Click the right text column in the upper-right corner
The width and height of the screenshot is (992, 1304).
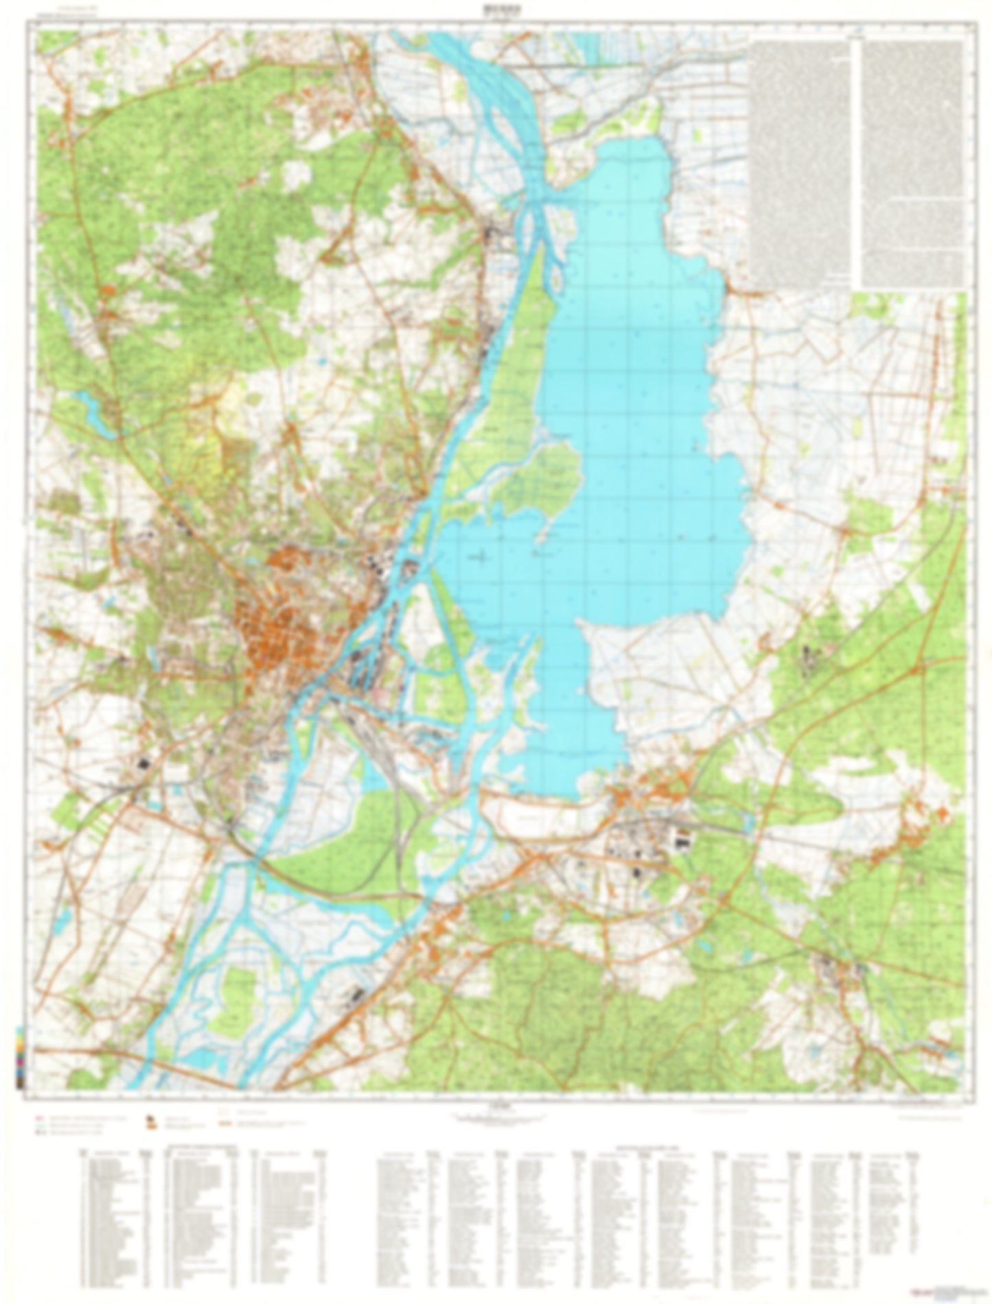click(912, 161)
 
